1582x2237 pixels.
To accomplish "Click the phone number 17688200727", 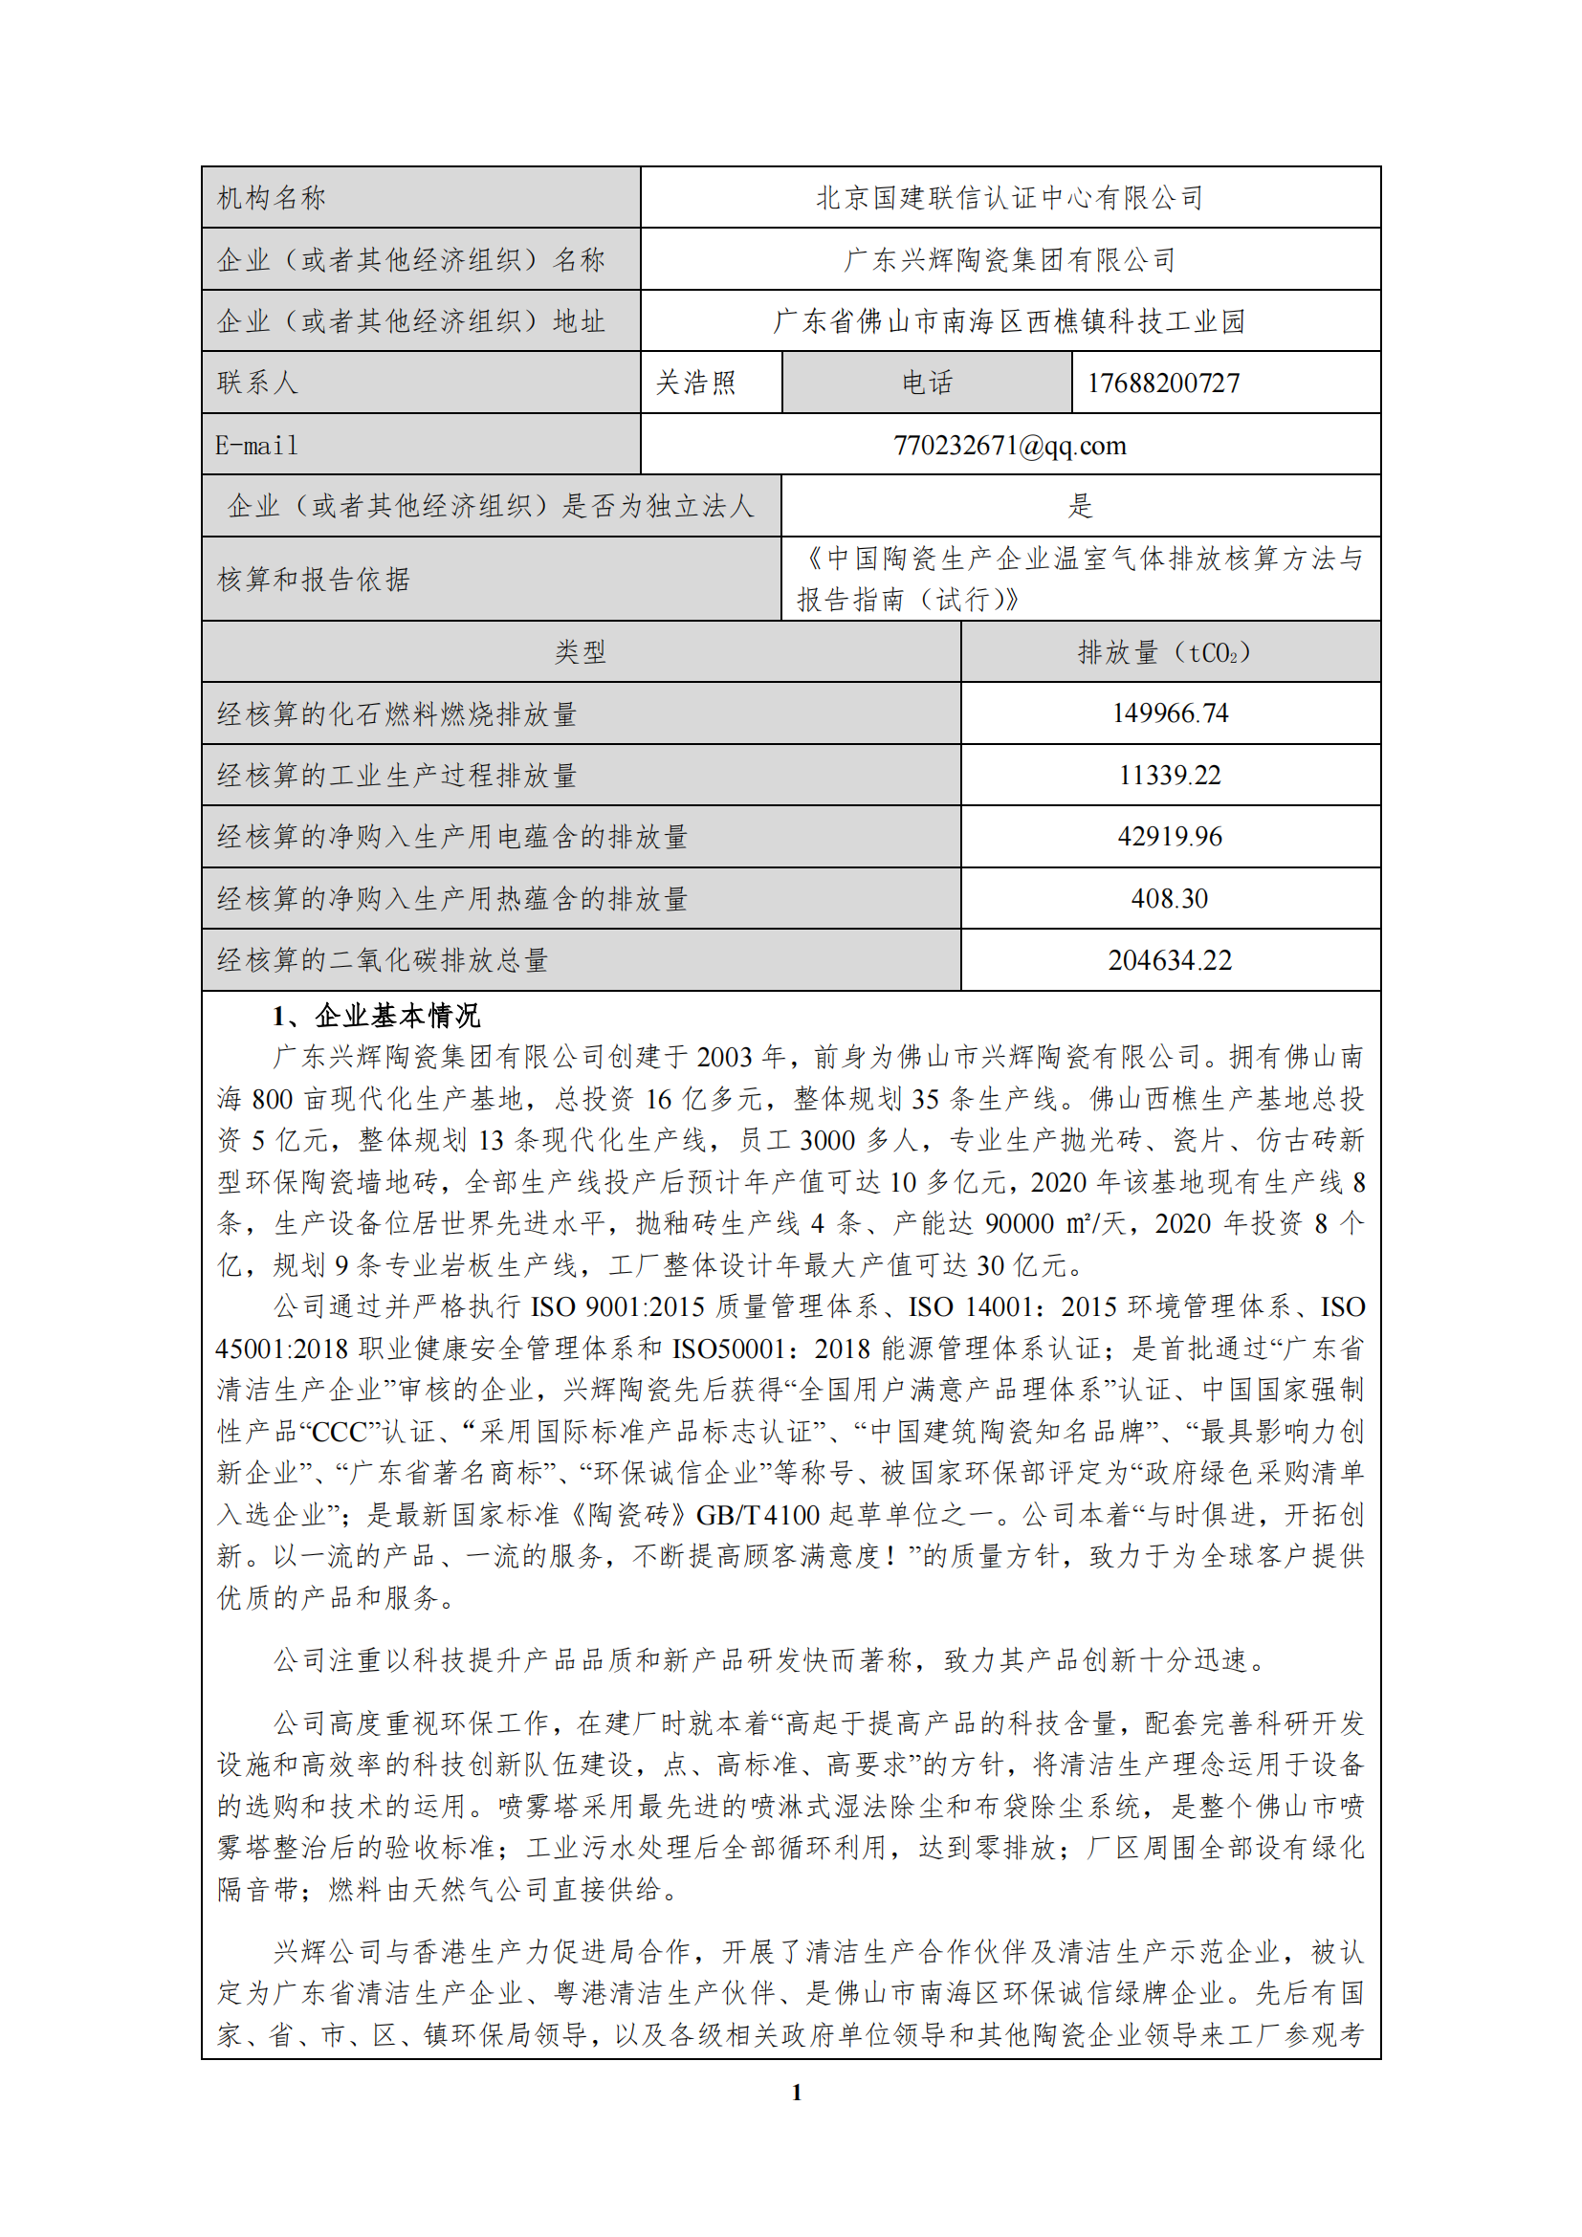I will [1163, 383].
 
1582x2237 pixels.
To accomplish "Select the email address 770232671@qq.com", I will [1009, 446].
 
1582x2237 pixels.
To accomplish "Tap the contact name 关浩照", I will [695, 383].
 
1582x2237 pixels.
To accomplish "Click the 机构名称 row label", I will [272, 198].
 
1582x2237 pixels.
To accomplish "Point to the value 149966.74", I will [1169, 713].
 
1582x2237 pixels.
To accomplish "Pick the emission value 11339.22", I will [1169, 776].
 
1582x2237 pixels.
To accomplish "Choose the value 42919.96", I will [1169, 837].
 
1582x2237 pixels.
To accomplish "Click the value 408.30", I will [1169, 898].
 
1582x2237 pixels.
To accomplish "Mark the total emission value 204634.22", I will [1169, 960].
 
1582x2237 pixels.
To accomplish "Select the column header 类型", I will [581, 652].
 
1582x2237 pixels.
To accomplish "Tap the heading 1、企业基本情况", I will [376, 1017].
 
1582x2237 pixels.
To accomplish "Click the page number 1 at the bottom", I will [796, 2092].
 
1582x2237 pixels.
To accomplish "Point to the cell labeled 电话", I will [927, 383].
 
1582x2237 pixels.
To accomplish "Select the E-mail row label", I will [257, 446].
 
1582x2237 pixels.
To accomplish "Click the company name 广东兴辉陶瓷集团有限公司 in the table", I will [1009, 260].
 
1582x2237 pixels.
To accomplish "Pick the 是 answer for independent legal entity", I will [1079, 506].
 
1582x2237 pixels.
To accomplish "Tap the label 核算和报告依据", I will [314, 580].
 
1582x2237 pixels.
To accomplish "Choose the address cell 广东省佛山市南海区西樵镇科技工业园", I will [1009, 321].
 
